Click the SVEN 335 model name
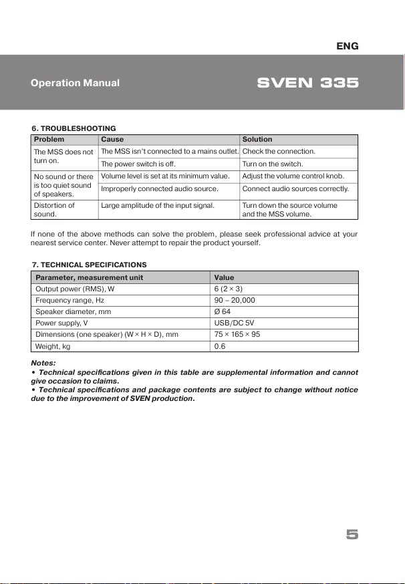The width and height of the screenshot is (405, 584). point(308,84)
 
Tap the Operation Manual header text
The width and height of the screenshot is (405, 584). point(75,84)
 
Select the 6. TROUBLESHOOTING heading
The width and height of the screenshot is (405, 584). point(75,128)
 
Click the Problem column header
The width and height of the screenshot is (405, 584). point(49,140)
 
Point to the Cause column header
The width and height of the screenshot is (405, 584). point(112,140)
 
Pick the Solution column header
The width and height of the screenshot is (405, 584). point(257,140)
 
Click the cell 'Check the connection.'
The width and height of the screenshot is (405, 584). point(279,152)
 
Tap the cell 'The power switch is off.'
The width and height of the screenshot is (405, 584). point(138,164)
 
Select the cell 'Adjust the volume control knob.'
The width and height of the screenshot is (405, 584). point(293,176)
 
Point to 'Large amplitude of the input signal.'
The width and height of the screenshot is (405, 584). point(158,205)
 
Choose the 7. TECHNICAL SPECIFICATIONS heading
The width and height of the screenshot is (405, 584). point(90,265)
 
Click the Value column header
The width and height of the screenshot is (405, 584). point(225,277)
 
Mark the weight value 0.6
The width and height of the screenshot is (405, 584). point(220,346)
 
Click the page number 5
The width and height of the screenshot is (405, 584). point(352,534)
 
